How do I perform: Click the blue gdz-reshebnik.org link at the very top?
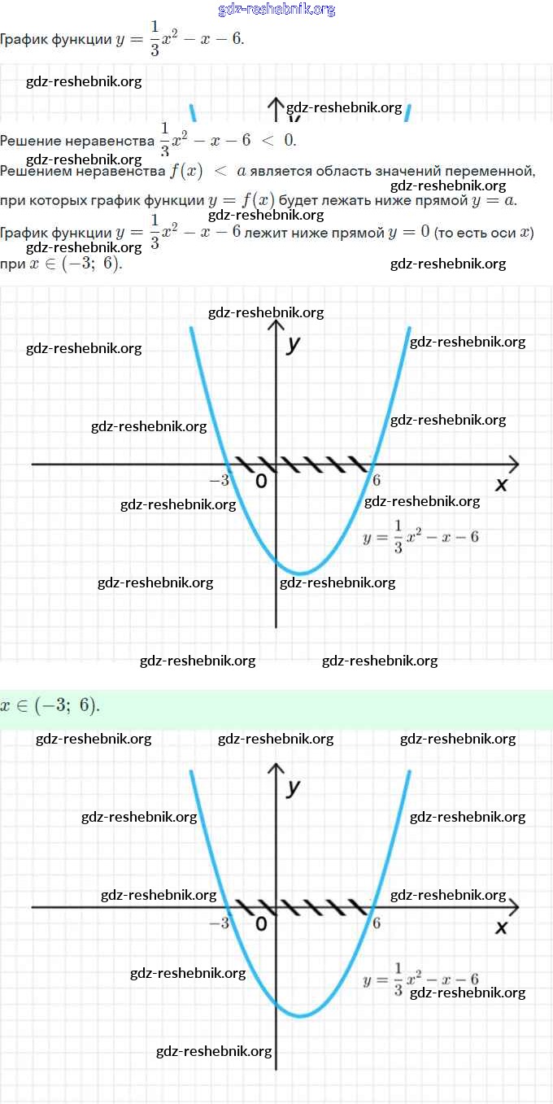276,10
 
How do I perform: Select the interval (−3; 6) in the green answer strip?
65,705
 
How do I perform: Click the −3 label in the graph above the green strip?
219,481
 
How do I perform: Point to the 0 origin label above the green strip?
261,482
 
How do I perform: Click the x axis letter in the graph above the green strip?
501,485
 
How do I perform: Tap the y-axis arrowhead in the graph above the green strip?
276,326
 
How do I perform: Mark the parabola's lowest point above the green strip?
301,574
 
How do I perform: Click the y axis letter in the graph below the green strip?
294,787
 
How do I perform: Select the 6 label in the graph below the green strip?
377,923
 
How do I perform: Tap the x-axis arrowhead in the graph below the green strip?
512,906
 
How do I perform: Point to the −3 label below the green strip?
219,923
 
